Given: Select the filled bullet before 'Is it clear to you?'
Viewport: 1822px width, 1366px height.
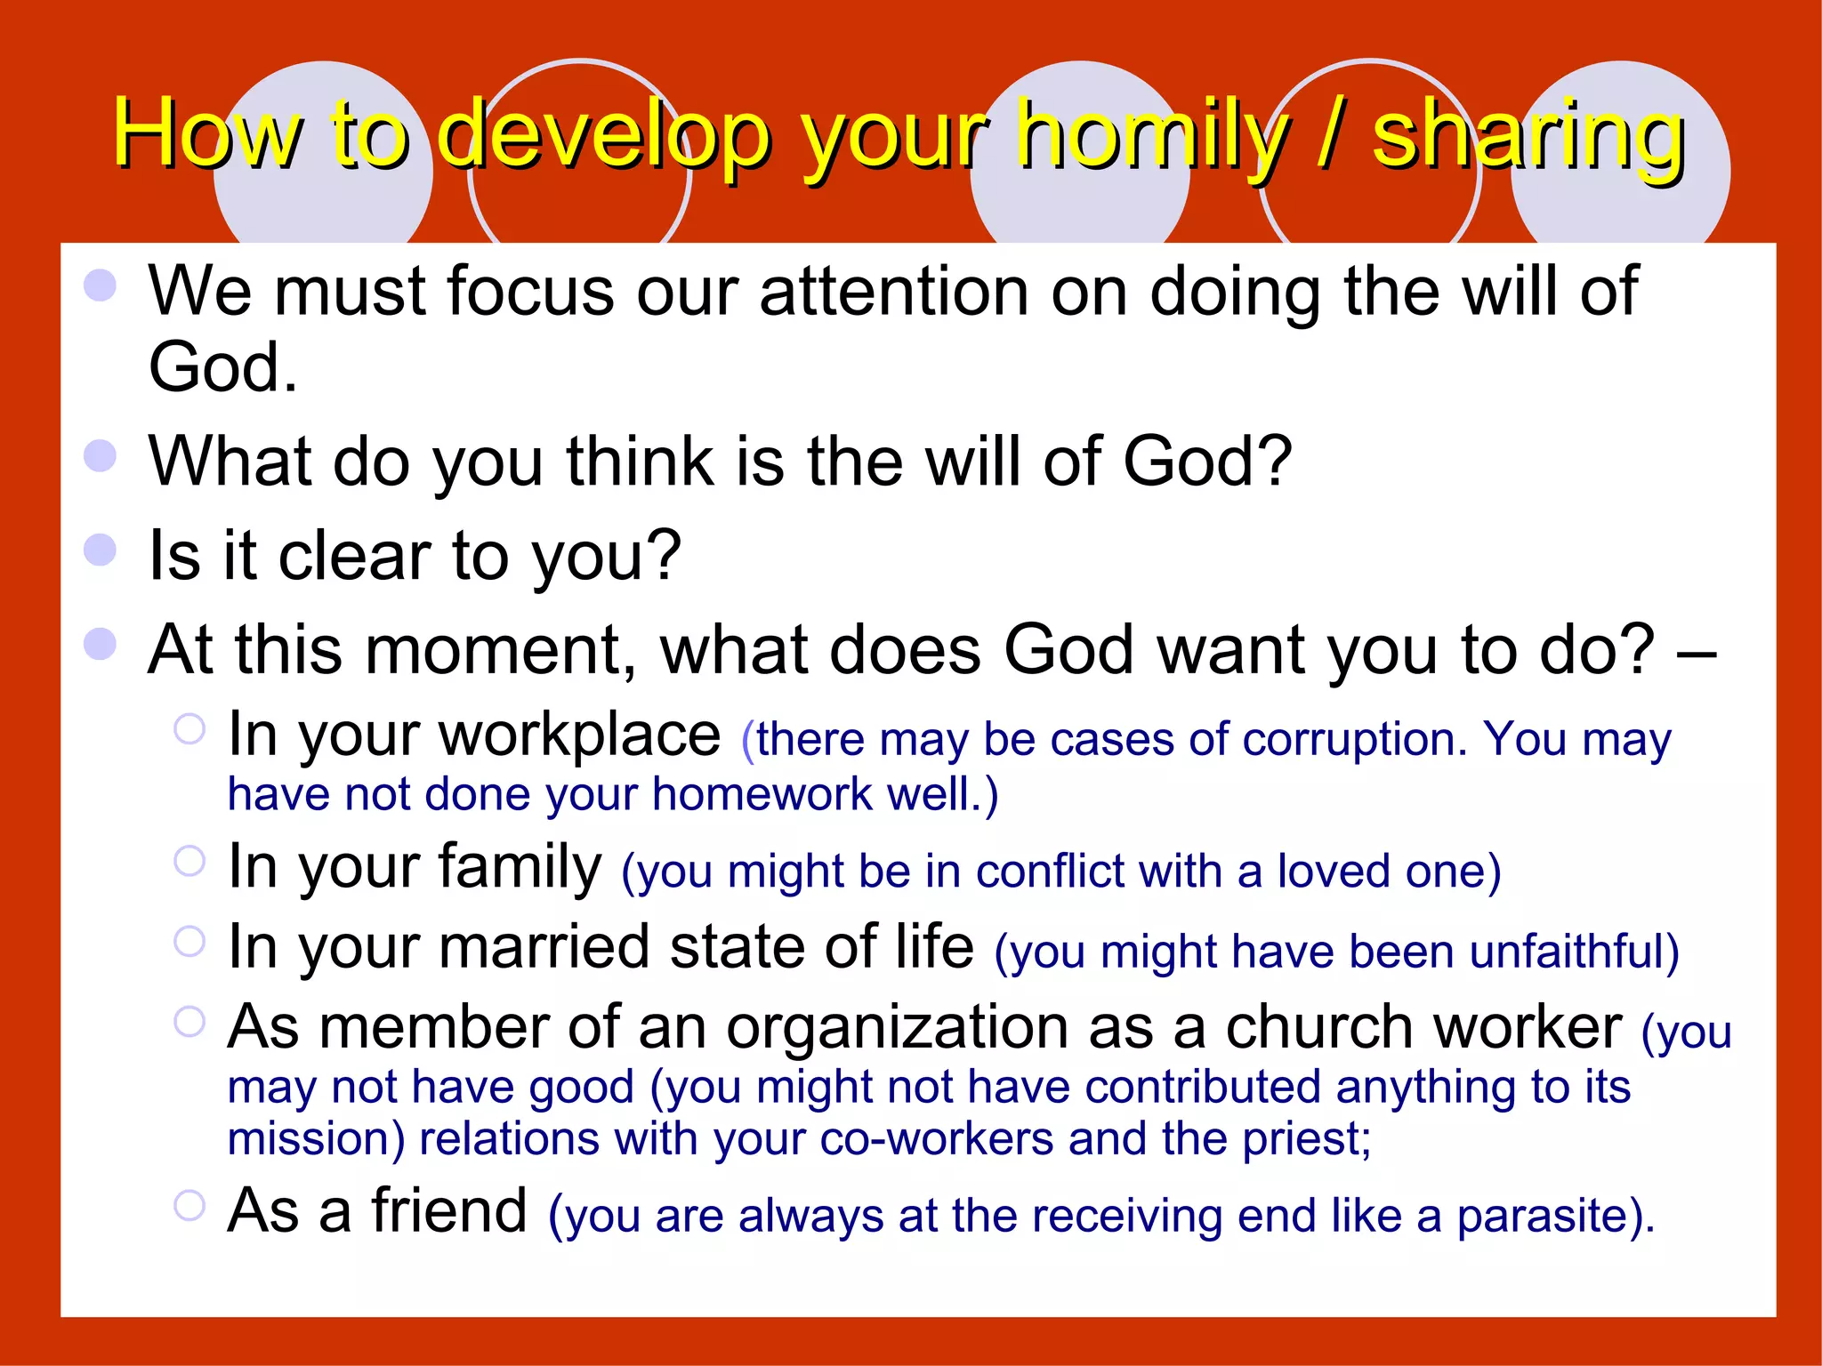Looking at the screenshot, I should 100,550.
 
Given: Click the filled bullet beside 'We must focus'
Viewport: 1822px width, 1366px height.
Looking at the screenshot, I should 100,285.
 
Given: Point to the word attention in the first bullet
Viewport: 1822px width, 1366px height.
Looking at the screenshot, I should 894,291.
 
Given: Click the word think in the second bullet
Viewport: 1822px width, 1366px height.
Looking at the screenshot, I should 641,462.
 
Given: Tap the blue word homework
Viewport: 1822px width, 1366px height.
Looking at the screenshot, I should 762,794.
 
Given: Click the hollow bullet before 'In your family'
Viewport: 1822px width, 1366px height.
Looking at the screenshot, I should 189,860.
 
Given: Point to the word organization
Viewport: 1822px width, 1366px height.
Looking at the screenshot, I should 897,1028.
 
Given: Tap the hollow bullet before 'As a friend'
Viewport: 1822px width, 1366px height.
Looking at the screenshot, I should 189,1205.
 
